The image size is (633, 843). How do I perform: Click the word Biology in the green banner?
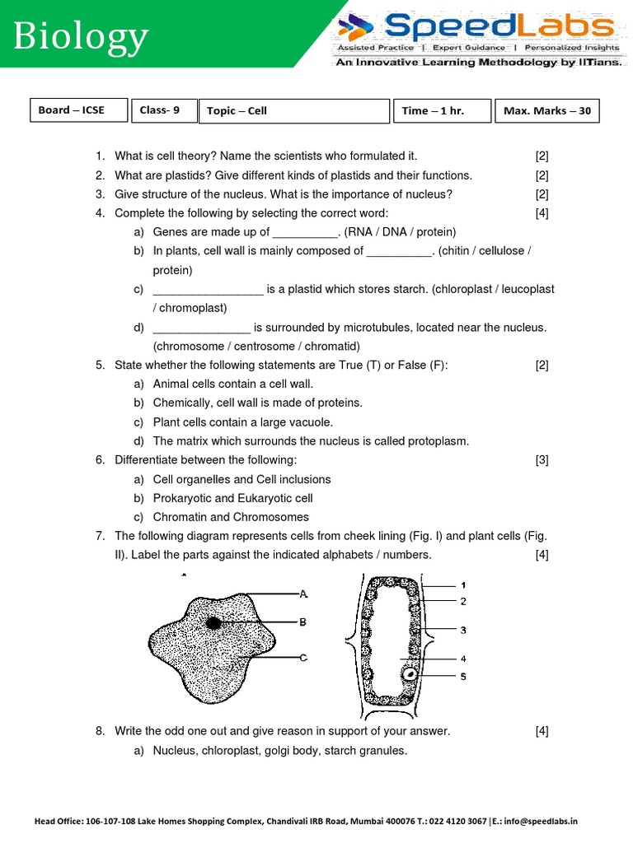[x=81, y=37]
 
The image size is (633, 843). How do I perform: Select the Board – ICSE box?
[x=79, y=110]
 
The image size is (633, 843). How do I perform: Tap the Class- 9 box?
[x=163, y=110]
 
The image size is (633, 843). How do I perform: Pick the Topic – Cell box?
[x=293, y=111]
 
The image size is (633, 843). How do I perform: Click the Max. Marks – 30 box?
[x=546, y=111]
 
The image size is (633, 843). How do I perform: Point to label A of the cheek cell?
[x=303, y=593]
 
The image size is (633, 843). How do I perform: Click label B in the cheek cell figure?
[x=303, y=622]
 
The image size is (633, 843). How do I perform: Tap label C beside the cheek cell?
[x=303, y=657]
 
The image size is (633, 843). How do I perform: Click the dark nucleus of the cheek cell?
[x=213, y=623]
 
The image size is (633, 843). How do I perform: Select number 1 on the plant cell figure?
[x=463, y=585]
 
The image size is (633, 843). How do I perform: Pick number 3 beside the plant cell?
[x=463, y=630]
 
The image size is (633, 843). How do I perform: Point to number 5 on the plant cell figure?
[x=463, y=677]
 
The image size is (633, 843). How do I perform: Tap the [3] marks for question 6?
[x=542, y=460]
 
